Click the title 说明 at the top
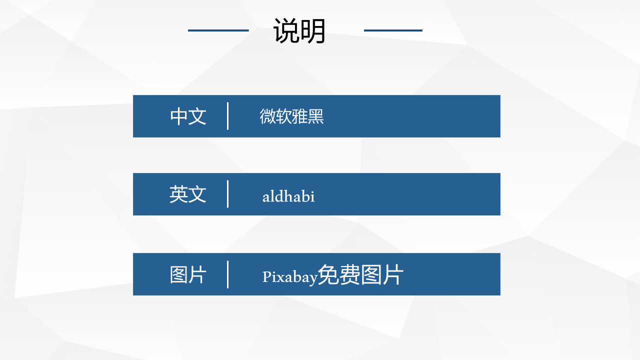[x=299, y=31]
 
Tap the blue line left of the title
[x=218, y=30]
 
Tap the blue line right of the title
[x=393, y=30]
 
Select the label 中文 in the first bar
[x=188, y=116]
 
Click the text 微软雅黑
[x=291, y=116]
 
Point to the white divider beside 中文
[x=227, y=116]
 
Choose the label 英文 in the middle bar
[x=187, y=194]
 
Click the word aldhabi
[x=288, y=196]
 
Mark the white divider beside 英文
[x=227, y=194]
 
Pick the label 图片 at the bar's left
[x=188, y=274]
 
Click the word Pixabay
[x=289, y=277]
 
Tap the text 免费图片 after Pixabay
[x=360, y=274]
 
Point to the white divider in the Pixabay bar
[x=227, y=274]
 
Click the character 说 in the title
[x=286, y=31]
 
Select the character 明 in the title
[x=313, y=31]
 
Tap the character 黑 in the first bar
[x=315, y=116]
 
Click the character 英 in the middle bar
[x=178, y=194]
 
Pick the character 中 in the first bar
[x=179, y=116]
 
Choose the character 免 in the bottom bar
[x=328, y=274]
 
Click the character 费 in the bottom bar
[x=349, y=274]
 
